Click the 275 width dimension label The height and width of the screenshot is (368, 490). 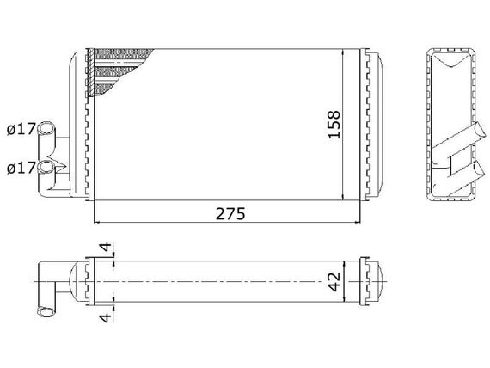pyautogui.click(x=230, y=214)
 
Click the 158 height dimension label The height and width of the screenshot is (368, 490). pyautogui.click(x=334, y=124)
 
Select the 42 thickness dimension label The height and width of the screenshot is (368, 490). pyautogui.click(x=334, y=282)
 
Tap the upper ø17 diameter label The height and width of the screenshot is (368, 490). pyautogui.click(x=21, y=129)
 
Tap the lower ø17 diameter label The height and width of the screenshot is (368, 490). pyautogui.click(x=21, y=169)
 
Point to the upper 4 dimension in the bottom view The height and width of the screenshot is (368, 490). pyautogui.click(x=107, y=247)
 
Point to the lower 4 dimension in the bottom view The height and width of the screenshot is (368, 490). pyautogui.click(x=107, y=317)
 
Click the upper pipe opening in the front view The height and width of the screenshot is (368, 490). pyautogui.click(x=46, y=128)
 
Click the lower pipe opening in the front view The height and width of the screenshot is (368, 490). pyautogui.click(x=46, y=167)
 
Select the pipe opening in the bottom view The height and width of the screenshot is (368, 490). pyautogui.click(x=46, y=312)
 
